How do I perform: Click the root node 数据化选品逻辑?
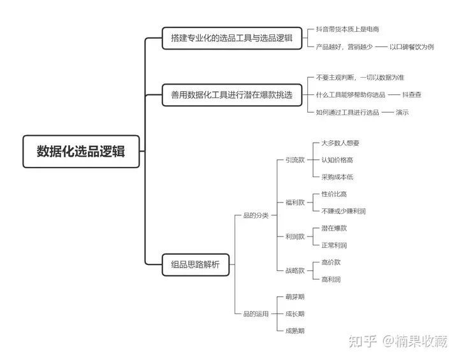(x=81, y=151)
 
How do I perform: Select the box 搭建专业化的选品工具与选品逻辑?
(x=232, y=38)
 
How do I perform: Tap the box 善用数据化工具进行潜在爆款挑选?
(x=232, y=95)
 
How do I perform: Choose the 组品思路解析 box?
(x=196, y=264)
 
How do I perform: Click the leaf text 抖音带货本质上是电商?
(x=347, y=29)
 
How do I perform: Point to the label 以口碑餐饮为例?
(x=412, y=47)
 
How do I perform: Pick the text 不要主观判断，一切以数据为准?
(x=360, y=78)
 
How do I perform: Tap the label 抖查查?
(x=412, y=95)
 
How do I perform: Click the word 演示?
(x=402, y=112)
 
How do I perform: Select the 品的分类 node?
(x=256, y=215)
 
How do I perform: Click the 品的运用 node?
(x=256, y=313)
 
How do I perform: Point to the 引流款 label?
(x=295, y=160)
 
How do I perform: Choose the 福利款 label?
(x=295, y=202)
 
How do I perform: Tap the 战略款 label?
(x=295, y=270)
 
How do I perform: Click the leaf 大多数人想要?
(x=340, y=143)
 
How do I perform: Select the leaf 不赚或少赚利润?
(x=344, y=211)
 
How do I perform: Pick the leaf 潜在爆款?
(x=334, y=228)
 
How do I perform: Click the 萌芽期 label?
(x=295, y=297)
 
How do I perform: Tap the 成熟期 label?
(x=295, y=331)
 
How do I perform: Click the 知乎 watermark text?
(x=363, y=342)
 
